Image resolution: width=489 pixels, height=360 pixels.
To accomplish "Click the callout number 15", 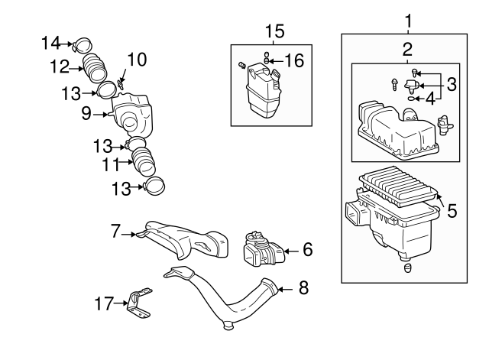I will (274, 31).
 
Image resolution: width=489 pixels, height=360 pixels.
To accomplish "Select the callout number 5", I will (452, 211).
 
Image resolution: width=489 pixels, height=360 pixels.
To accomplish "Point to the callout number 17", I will (104, 303).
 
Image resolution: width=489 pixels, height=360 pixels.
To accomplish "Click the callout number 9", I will (86, 114).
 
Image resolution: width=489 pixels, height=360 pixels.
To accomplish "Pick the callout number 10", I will (136, 60).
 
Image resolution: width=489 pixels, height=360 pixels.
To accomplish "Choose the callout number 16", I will (295, 58).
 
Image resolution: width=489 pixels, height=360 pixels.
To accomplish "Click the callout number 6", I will (307, 249).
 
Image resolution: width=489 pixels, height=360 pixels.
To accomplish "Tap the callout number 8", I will (303, 288).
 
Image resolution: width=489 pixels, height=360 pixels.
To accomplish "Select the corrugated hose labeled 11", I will (141, 158).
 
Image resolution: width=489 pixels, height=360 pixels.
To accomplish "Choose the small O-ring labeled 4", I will (413, 99).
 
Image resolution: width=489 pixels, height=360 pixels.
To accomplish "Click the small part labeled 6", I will (261, 249).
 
